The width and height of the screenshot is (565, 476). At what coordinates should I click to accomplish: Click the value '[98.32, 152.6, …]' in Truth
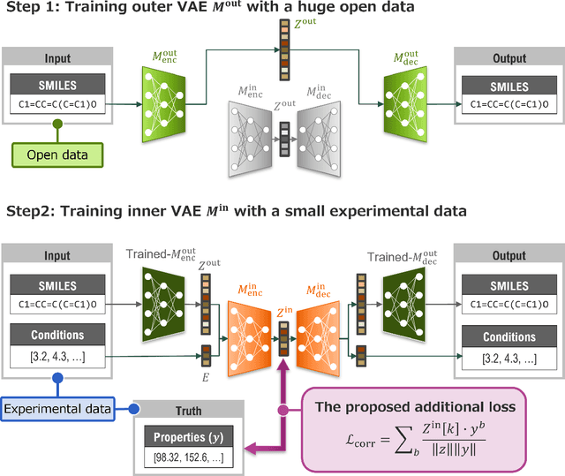pos(189,458)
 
